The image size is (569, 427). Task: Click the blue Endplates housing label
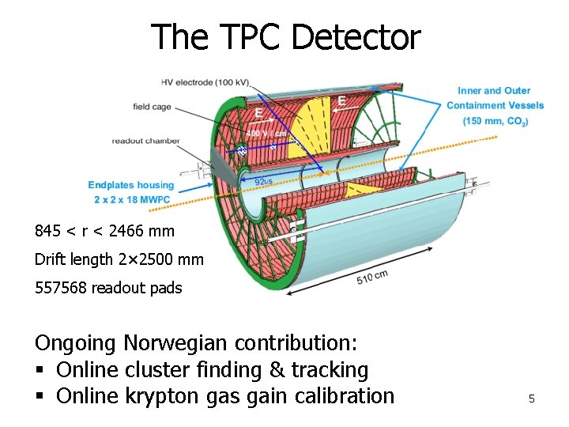(x=130, y=185)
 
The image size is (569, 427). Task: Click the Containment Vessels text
(x=496, y=106)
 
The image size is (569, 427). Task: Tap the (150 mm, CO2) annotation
(x=496, y=121)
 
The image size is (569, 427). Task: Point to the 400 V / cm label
(x=262, y=134)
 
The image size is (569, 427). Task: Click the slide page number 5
(x=532, y=399)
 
